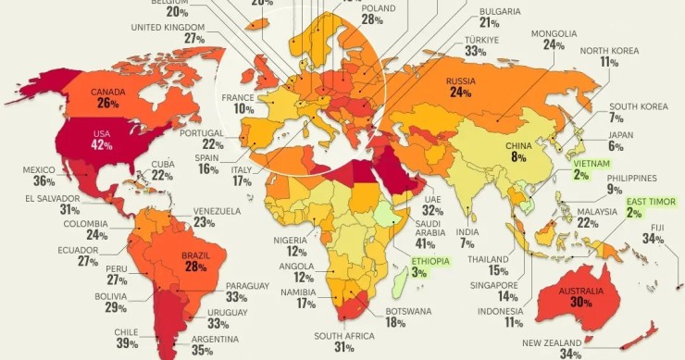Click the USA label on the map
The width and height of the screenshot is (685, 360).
tap(101, 133)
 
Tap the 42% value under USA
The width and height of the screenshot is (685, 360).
tap(101, 145)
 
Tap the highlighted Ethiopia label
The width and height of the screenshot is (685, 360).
tap(430, 261)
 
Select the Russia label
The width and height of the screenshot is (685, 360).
tap(460, 81)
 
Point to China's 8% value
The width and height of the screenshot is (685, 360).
tap(518, 157)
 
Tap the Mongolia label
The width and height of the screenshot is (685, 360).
tap(554, 33)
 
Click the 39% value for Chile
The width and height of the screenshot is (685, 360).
tap(127, 343)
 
